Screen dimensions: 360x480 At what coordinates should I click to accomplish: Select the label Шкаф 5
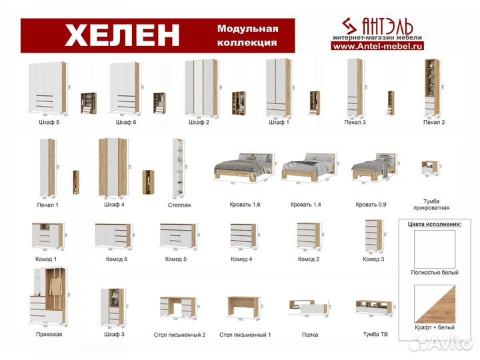coord(48,123)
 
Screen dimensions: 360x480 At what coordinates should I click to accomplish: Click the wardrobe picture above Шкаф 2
coord(199,88)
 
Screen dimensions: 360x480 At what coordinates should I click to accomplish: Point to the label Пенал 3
coord(355,123)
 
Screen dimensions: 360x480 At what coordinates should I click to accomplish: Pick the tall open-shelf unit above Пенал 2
coord(431,87)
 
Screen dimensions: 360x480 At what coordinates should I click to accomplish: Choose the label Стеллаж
coord(179,205)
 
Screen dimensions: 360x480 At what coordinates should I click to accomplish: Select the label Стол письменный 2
coord(179,335)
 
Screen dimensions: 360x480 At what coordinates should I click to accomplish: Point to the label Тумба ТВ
coord(374,334)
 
